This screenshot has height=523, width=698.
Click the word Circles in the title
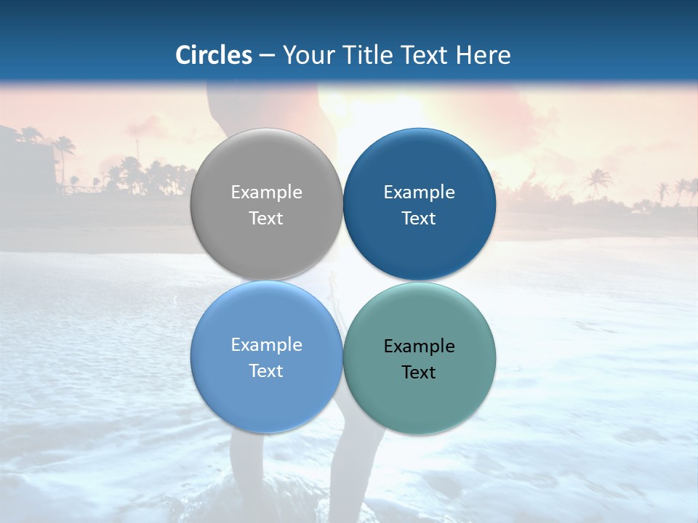pos(213,55)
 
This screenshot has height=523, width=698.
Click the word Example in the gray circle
pos(266,192)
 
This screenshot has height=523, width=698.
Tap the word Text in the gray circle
pos(266,219)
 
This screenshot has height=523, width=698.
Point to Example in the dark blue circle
pos(420,192)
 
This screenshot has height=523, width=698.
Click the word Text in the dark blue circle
pos(420,219)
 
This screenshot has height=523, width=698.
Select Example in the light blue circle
pos(266,345)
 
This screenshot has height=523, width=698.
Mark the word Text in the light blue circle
pos(266,371)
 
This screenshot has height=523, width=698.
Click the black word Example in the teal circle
pos(420,346)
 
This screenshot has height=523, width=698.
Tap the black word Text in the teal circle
pos(420,373)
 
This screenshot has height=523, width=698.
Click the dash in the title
pos(267,56)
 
